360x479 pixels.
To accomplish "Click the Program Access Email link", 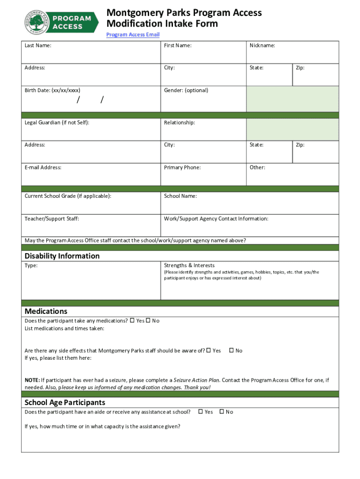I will (x=133, y=35).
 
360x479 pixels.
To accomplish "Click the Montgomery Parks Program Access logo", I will (x=61, y=22).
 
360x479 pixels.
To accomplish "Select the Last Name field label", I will (x=38, y=45).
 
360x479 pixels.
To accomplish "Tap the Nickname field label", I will (x=262, y=45).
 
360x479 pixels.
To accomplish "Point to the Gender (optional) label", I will (x=186, y=90).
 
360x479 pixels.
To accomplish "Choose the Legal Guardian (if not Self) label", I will (x=57, y=123).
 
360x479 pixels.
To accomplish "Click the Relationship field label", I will (x=180, y=123).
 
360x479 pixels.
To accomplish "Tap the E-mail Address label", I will (x=43, y=167).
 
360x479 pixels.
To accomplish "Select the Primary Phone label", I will (x=182, y=167).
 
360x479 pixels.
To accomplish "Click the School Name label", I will (x=180, y=196).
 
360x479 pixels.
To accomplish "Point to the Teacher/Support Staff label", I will (x=55, y=218).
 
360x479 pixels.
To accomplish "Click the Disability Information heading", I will (x=62, y=256).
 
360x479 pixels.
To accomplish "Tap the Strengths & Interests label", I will (x=189, y=265).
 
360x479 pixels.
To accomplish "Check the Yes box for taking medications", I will (x=132, y=320).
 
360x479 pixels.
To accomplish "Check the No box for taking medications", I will (x=148, y=320).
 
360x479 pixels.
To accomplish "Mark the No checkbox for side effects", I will (x=231, y=350).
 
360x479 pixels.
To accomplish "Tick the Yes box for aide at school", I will (x=201, y=412).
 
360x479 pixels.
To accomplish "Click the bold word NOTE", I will (x=32, y=380).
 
